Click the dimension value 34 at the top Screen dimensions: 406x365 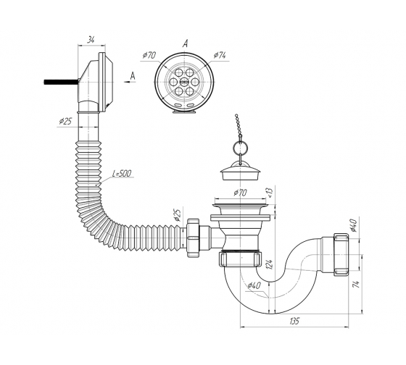coord(91,40)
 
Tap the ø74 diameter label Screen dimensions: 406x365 coord(220,55)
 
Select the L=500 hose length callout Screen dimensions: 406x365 coord(122,173)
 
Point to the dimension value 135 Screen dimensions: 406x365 coord(294,321)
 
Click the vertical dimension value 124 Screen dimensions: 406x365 coord(270,264)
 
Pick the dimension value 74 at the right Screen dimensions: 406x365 coord(357,284)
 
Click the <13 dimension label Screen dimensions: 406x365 coord(270,192)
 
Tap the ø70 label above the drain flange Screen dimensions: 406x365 coord(240,193)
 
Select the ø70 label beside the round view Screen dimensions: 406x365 coord(149,55)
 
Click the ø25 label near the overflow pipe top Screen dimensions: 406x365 coord(65,121)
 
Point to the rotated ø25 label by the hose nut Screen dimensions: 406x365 coord(178,215)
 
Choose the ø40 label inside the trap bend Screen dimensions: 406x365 coord(254,285)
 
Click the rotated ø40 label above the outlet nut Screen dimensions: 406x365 coord(354,225)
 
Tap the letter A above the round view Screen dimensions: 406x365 coord(185,44)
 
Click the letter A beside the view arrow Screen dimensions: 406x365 coord(133,76)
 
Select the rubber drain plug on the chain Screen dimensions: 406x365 coord(240,172)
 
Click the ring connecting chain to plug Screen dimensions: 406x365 coord(241,148)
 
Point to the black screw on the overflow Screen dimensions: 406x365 coord(61,82)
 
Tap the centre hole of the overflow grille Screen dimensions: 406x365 coord(184,82)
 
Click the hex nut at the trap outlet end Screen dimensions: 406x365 coord(341,254)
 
